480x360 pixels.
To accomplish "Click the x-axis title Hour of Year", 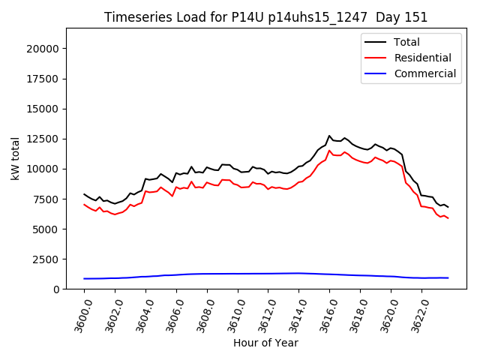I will (x=266, y=343).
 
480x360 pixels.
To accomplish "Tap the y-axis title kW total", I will (x=15, y=158).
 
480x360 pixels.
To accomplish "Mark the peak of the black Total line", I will (x=329, y=136).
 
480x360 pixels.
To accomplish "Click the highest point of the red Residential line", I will (x=329, y=151).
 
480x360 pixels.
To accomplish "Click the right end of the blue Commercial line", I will (x=448, y=277).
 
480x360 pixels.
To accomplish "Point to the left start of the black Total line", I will (x=85, y=194).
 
